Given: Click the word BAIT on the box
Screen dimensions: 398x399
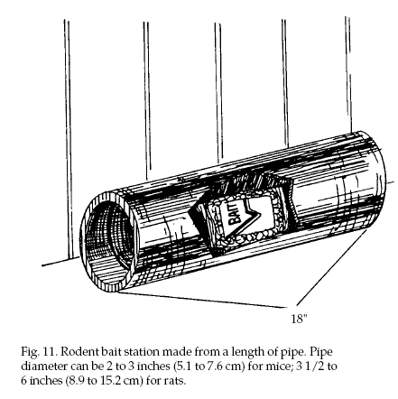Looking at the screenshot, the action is click(x=235, y=216).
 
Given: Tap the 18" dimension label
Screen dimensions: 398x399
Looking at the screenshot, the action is click(x=299, y=319).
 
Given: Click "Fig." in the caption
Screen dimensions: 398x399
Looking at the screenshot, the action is click(x=29, y=352).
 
